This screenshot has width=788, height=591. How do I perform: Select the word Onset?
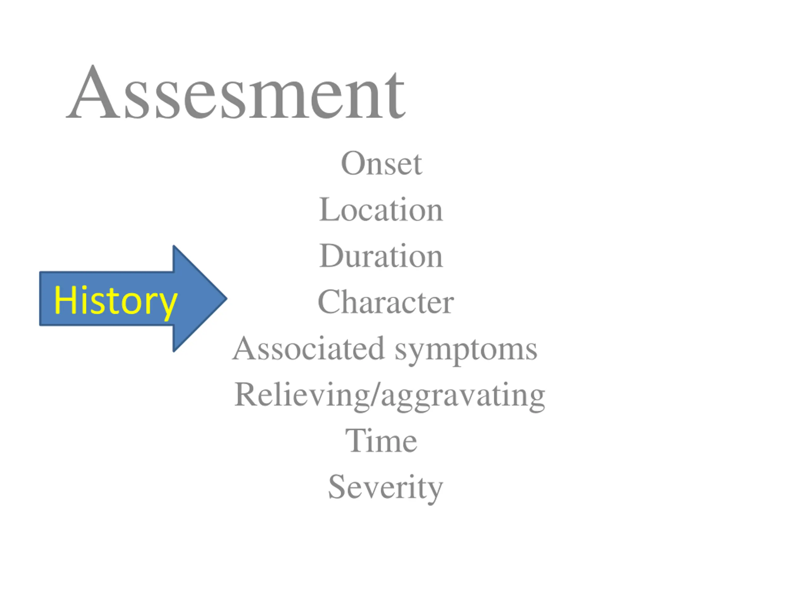(x=381, y=163)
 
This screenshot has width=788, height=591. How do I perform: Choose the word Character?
(x=386, y=302)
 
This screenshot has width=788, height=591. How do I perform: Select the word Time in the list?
(x=381, y=441)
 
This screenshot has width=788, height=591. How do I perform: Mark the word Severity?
(x=385, y=487)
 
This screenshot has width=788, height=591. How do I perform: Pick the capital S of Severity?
(x=337, y=487)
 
